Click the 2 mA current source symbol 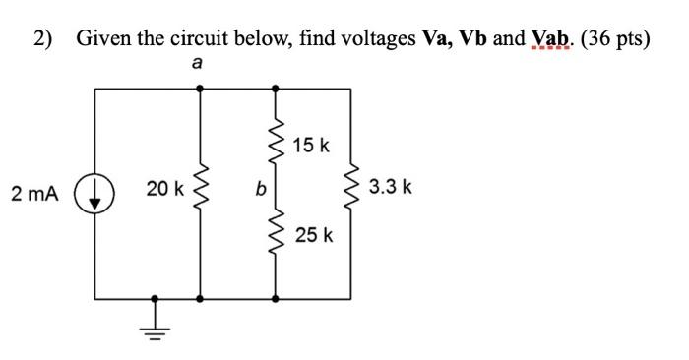pos(95,193)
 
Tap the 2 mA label pos(35,194)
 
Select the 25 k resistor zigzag pos(275,236)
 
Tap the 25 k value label pos(315,236)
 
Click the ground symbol pos(154,327)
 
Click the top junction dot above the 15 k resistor pos(275,89)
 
